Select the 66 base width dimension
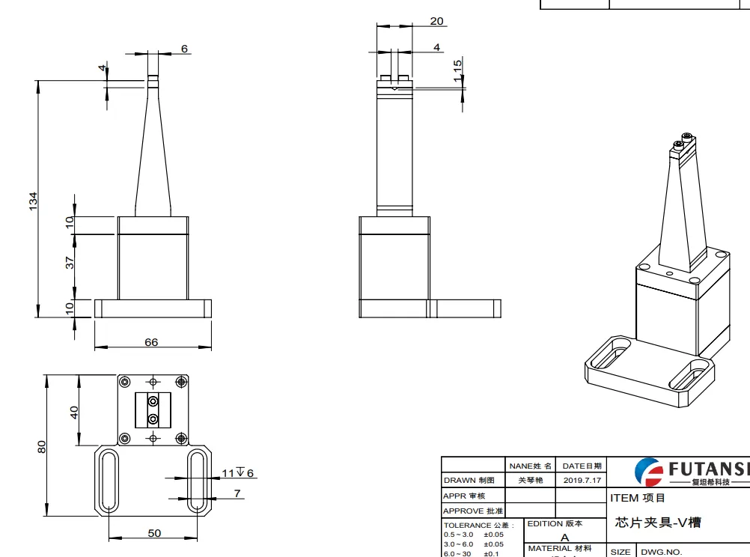coord(151,342)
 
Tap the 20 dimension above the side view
coord(436,21)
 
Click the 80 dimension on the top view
coord(42,446)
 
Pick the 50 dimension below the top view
coord(153,533)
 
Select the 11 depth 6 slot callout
coord(238,473)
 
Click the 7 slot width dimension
coord(237,493)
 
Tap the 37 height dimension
coord(70,263)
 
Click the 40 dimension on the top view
coord(74,413)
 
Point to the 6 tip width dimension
coord(184,49)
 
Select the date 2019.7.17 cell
coord(582,480)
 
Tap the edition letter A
coord(564,537)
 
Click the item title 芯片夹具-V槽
coord(658,523)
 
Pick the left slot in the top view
coord(109,481)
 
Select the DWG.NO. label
coord(661,552)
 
